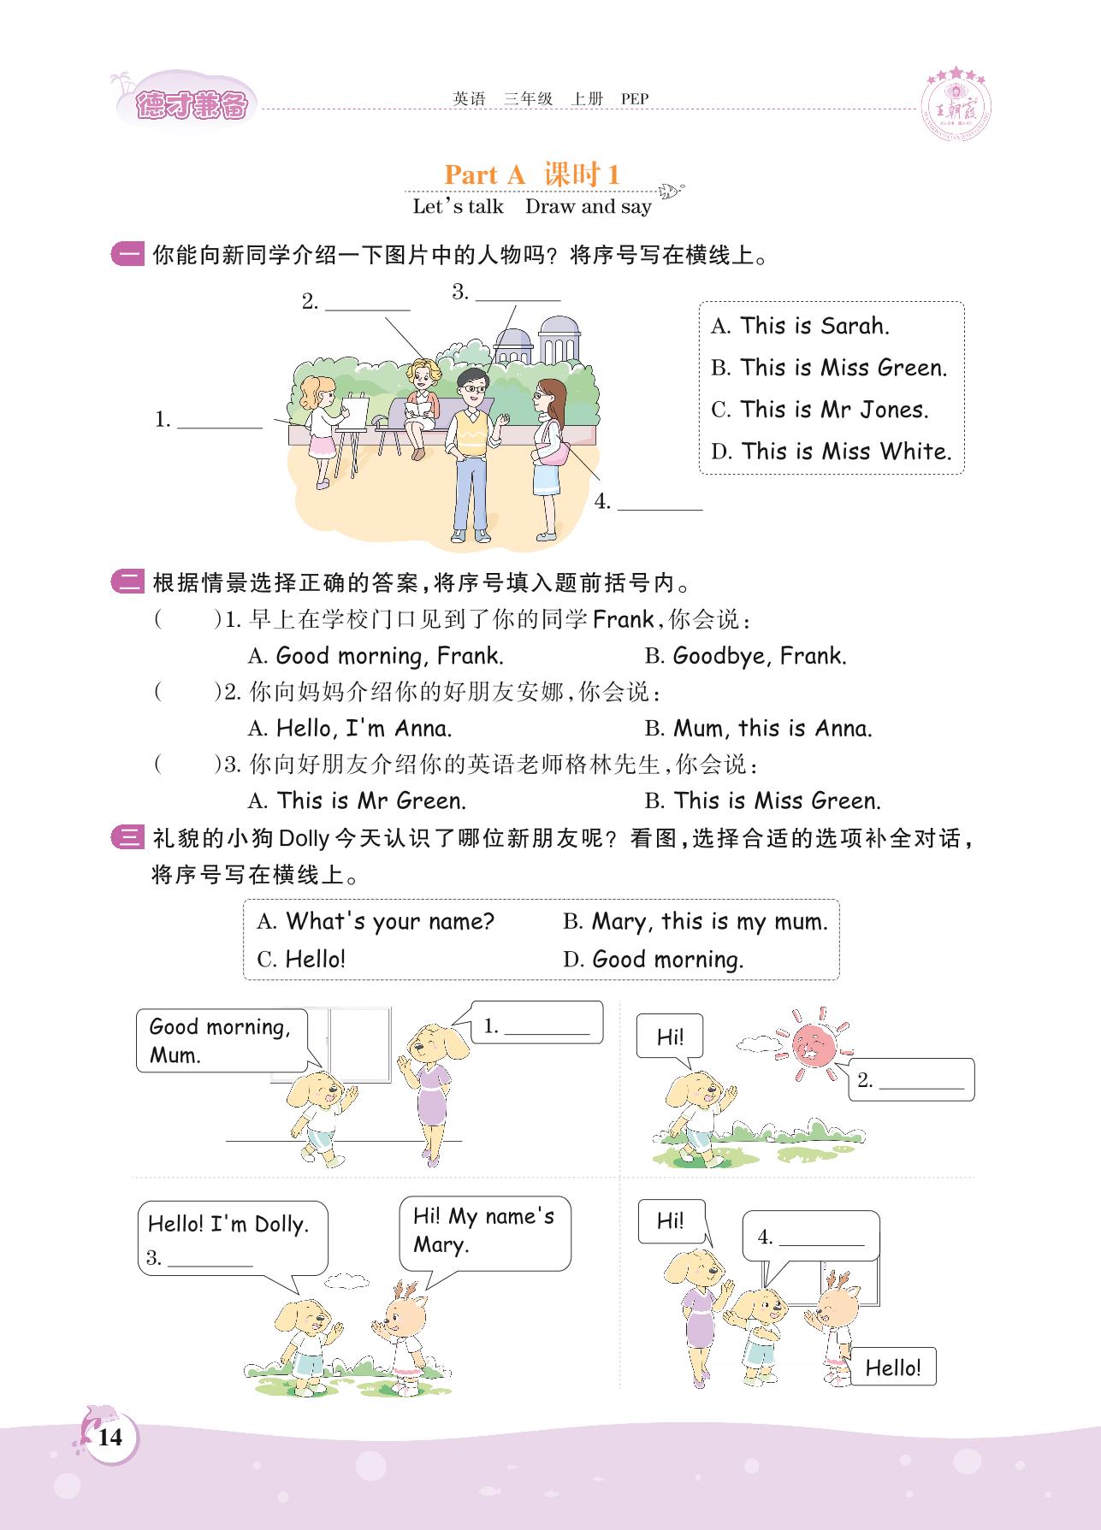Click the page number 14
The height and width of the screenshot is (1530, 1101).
110,1437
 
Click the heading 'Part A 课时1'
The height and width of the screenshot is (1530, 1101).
531,174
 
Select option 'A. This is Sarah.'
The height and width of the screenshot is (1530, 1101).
800,326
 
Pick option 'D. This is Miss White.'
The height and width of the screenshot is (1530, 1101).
831,452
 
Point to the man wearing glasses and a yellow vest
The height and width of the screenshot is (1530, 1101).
471,453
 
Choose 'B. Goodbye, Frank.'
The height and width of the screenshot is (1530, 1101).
745,657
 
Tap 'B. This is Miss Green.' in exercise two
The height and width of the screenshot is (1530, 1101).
762,801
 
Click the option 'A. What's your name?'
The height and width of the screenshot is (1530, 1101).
376,922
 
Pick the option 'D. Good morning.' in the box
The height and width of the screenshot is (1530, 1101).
653,960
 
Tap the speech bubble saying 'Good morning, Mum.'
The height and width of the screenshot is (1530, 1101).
220,1040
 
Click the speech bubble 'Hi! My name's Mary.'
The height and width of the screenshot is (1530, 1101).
484,1231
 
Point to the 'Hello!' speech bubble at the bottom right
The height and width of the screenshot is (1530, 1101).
892,1368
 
